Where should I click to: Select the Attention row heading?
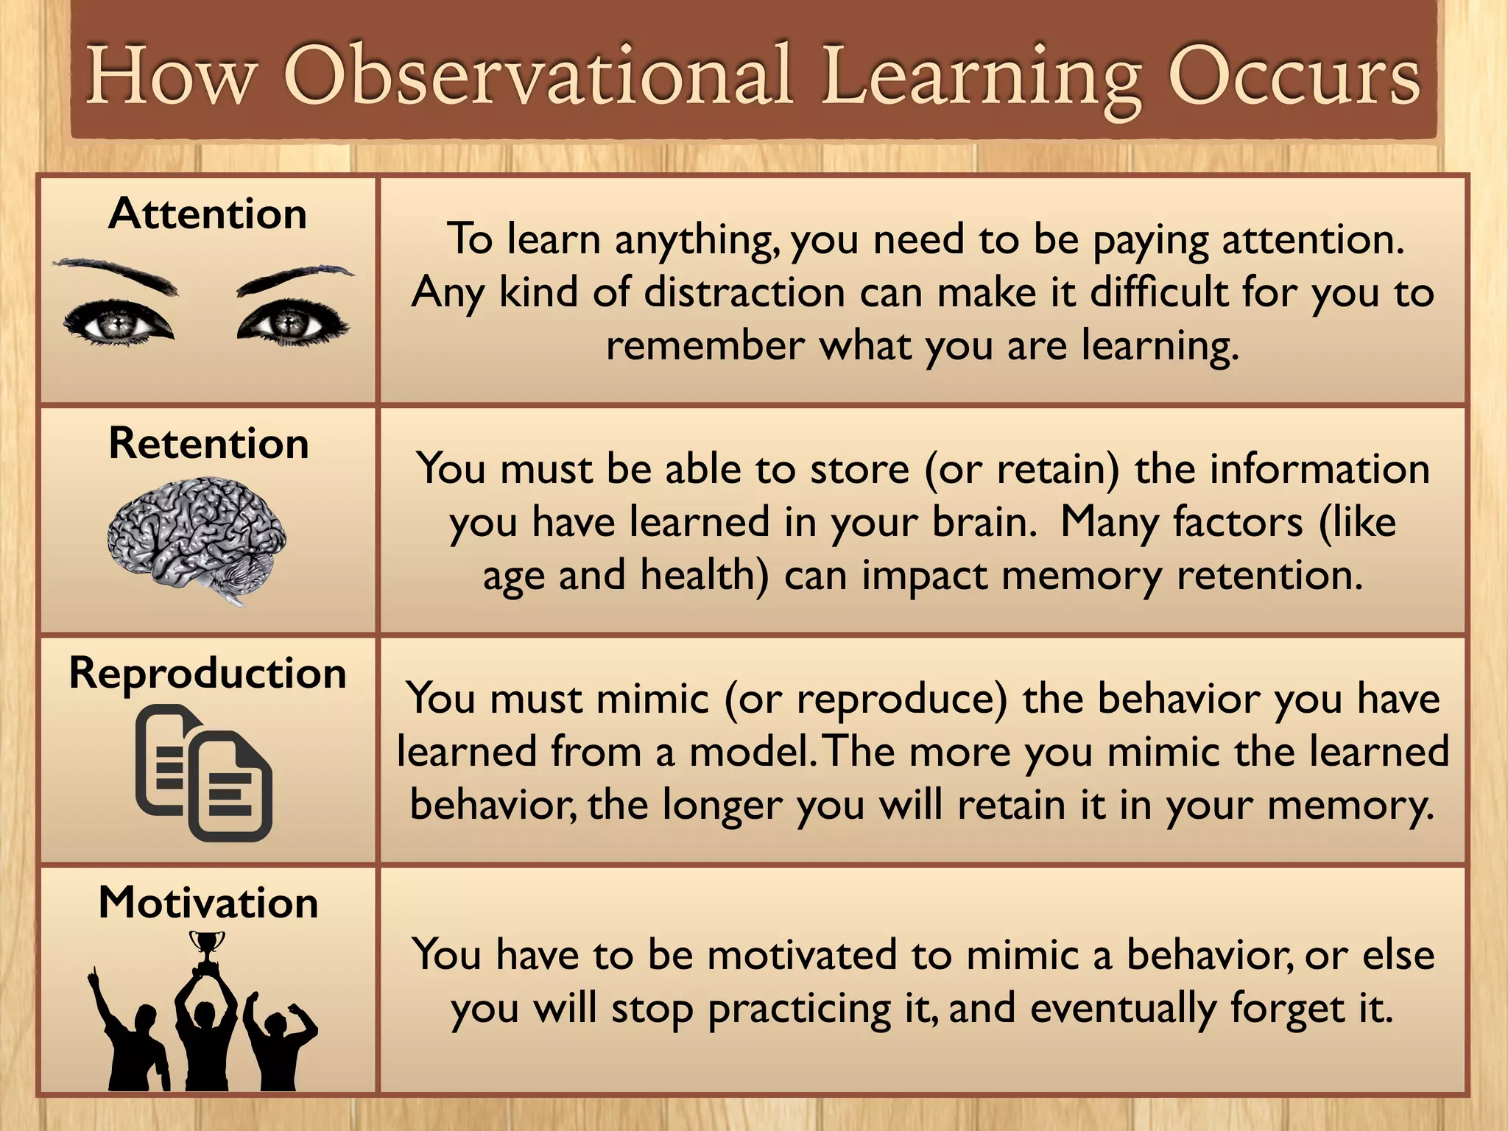point(208,214)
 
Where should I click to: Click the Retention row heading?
point(208,444)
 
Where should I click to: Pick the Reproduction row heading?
point(208,673)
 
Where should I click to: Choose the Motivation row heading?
point(208,903)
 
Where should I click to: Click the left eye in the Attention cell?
point(118,323)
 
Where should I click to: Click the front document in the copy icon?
point(230,786)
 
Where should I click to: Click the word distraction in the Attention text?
point(744,292)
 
